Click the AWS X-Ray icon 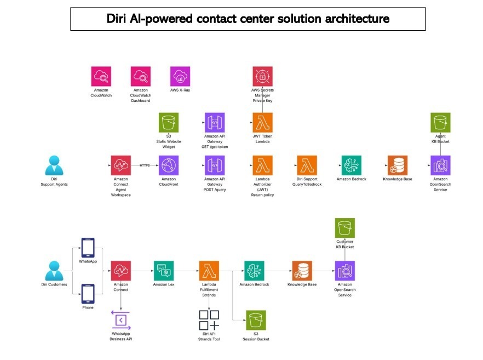point(180,76)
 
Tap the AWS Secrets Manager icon point(262,76)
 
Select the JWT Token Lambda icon point(262,122)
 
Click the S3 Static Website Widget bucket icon point(168,122)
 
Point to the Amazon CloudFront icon point(168,165)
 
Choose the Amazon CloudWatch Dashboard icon point(140,76)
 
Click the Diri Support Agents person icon point(53,165)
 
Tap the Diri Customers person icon point(54,271)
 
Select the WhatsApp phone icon point(88,248)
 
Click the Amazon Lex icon point(163,271)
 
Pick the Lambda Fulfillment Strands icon point(209,271)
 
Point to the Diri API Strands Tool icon point(209,321)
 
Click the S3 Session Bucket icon point(256,321)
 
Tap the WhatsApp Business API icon point(120,320)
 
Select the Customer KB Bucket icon point(344,228)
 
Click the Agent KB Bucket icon point(440,122)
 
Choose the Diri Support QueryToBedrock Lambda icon point(307,165)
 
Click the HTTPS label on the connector point(145,165)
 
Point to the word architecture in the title point(357,19)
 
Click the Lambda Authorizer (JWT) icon point(262,165)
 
